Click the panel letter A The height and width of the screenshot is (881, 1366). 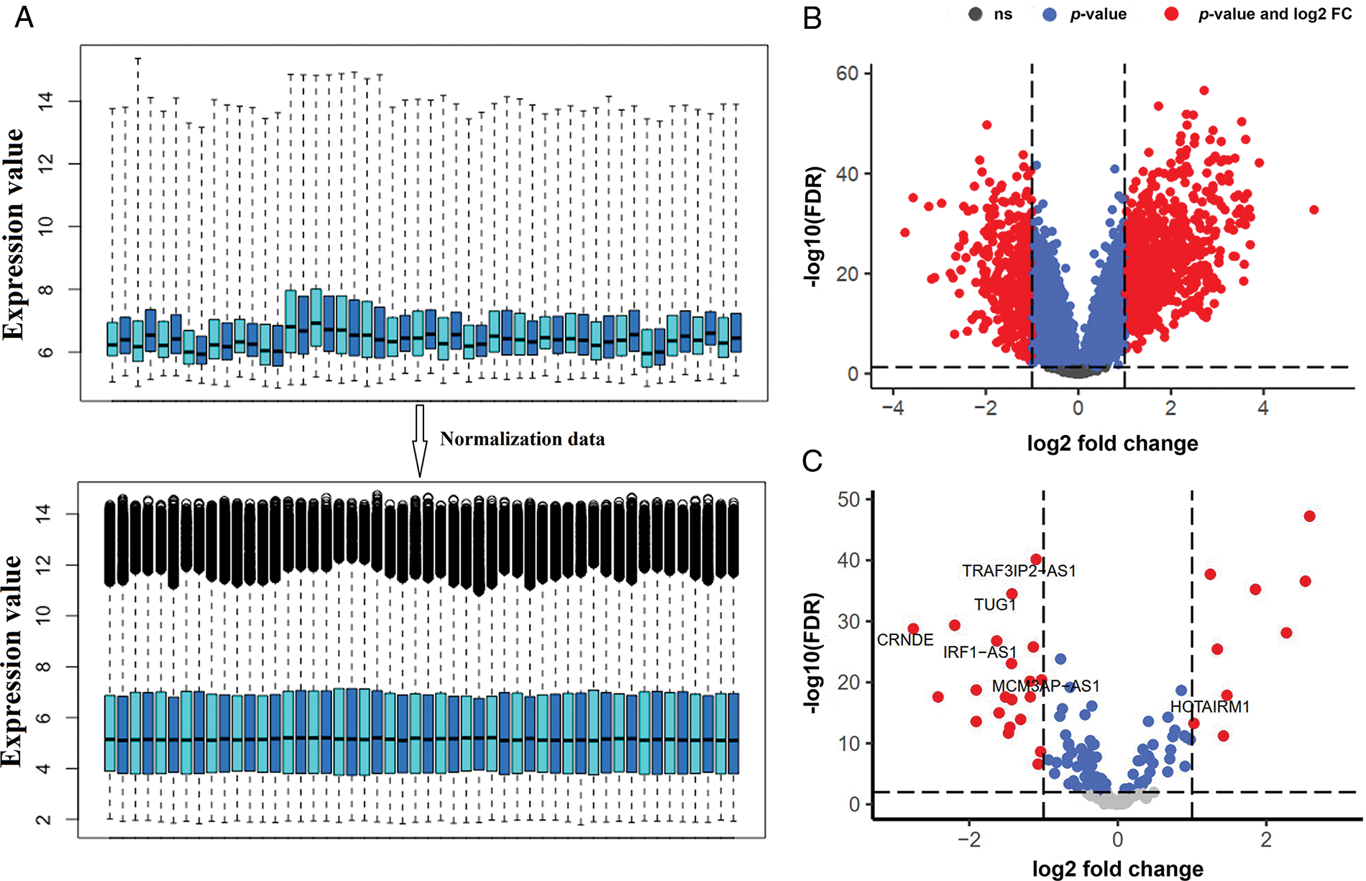click(24, 16)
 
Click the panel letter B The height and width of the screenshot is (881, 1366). click(812, 17)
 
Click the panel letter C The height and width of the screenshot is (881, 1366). click(812, 461)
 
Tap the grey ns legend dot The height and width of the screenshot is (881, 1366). click(976, 14)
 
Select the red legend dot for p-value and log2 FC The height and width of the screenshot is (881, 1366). click(1171, 14)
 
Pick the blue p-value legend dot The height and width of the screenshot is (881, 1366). click(1050, 14)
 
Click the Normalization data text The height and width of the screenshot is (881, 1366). click(522, 439)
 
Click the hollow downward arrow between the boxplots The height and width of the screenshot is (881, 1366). click(420, 440)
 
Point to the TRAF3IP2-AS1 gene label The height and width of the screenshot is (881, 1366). click(1019, 571)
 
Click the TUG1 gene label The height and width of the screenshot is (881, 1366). click(995, 605)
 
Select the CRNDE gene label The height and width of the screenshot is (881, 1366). click(904, 639)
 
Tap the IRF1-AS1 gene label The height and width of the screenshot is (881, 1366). click(980, 652)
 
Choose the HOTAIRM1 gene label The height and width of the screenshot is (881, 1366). click(1210, 707)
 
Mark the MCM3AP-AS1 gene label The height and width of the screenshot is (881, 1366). click(1045, 687)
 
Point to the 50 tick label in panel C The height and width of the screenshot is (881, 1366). click(848, 499)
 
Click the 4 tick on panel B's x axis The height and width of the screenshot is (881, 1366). click(1263, 408)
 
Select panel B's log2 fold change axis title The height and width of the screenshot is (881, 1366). click(1112, 443)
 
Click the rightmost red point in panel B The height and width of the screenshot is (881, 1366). click(1314, 210)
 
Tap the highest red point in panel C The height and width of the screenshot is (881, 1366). click(1309, 516)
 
